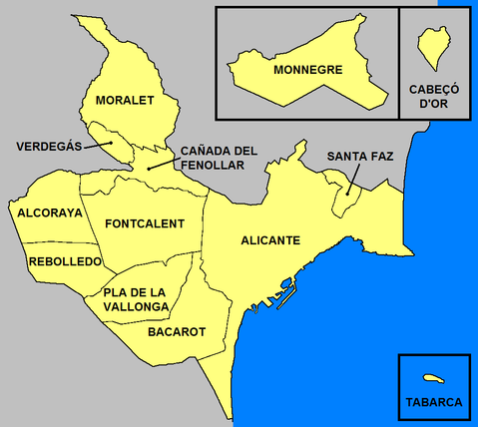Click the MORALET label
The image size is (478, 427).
125,101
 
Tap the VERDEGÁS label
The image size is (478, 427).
47,147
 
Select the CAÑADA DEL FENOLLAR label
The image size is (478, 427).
219,158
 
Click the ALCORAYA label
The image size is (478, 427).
50,212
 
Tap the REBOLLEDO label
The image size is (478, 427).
65,261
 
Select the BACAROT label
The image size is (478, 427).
177,331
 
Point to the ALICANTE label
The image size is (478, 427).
271,240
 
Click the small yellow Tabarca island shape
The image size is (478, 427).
433,378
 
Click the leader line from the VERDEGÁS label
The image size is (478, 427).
97,145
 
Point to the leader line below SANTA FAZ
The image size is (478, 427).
353,182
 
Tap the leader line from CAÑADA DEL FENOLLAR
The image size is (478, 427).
163,162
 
